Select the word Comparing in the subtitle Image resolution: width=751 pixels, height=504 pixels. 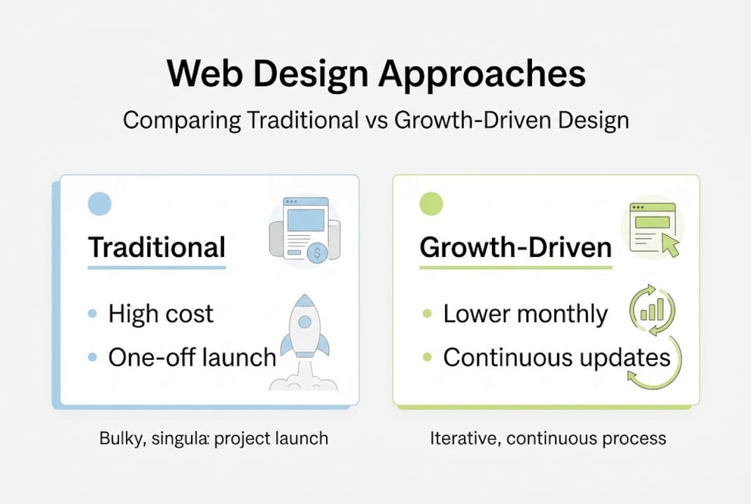point(182,120)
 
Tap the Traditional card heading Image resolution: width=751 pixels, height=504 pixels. point(157,247)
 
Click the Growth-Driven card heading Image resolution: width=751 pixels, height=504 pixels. point(516,247)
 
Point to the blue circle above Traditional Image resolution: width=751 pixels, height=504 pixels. point(99,204)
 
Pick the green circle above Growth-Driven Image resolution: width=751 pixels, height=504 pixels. point(431,204)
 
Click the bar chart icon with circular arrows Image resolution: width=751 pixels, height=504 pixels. point(652,306)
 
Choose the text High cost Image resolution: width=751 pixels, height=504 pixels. point(161,314)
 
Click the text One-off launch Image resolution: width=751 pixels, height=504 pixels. point(192,358)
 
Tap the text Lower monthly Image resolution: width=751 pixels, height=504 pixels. point(525,314)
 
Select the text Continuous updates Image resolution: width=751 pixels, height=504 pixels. point(556,358)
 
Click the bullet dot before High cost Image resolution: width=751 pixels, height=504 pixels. point(92,315)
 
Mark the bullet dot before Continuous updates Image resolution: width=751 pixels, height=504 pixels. point(427,358)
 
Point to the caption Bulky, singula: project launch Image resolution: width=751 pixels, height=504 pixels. point(213,439)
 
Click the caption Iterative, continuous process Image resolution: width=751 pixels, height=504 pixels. point(548,439)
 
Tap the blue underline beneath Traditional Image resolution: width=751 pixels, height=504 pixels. point(157,267)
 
